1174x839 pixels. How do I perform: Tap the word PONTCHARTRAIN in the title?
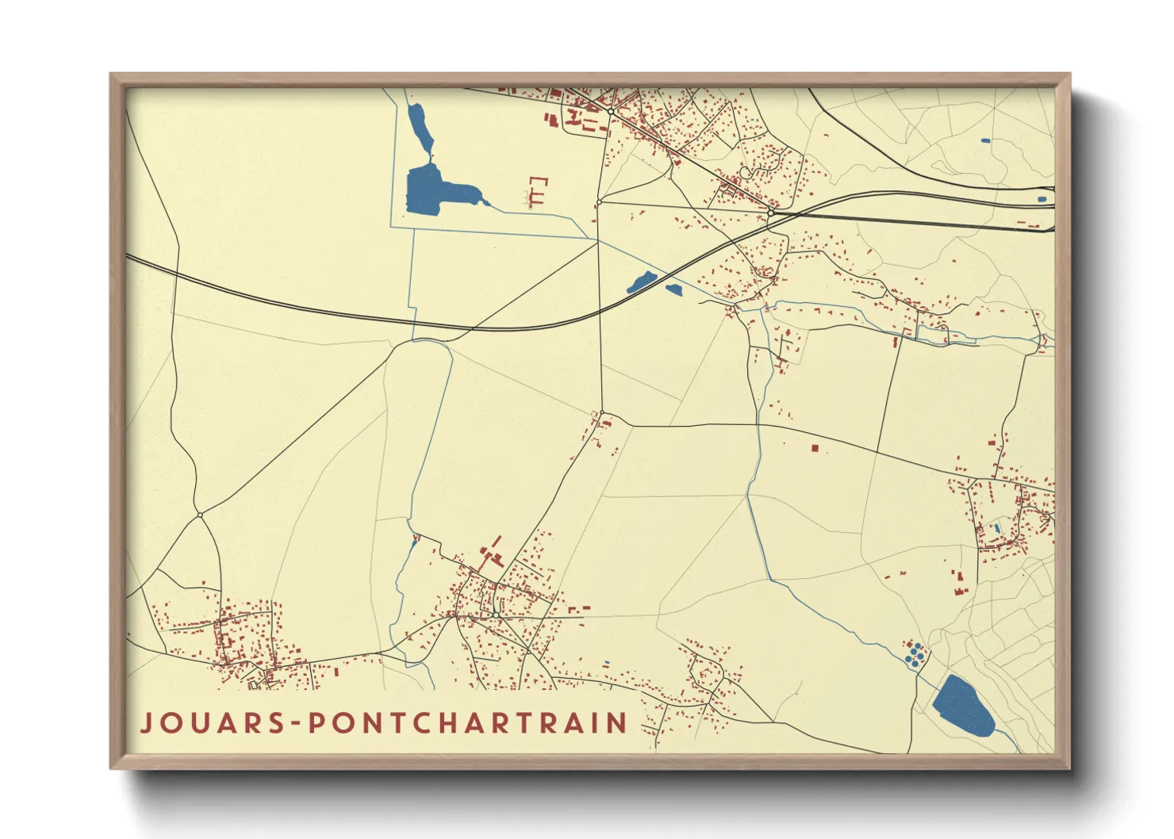pos(468,723)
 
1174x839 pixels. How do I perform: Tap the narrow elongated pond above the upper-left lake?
pos(419,127)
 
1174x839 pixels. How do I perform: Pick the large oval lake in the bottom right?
pos(962,705)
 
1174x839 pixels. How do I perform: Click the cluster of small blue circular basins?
pos(915,653)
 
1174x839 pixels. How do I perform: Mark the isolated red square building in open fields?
pos(814,448)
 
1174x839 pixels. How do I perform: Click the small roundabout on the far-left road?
pos(200,515)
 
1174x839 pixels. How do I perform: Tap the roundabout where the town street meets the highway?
pos(770,213)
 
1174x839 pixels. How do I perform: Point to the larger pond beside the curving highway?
pos(641,282)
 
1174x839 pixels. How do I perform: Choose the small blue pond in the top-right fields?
pos(985,141)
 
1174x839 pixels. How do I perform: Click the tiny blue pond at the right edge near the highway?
pos(1042,199)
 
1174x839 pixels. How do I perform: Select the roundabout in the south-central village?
pos(495,615)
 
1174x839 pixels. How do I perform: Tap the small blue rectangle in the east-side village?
pos(996,527)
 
